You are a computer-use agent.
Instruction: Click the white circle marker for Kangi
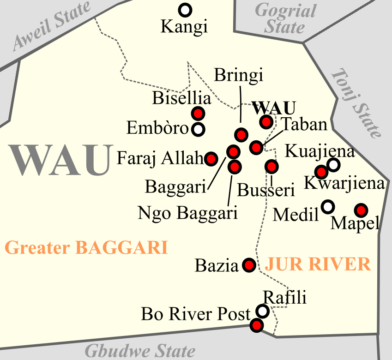(x=185, y=9)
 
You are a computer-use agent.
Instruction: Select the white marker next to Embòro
(x=198, y=129)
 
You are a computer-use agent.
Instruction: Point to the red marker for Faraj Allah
(x=211, y=159)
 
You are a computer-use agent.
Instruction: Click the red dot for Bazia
(x=249, y=265)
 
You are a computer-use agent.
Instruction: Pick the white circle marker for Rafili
(x=263, y=312)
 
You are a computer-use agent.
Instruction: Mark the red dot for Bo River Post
(x=256, y=325)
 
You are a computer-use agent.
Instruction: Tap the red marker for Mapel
(x=361, y=210)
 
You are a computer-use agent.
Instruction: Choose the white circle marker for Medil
(x=328, y=207)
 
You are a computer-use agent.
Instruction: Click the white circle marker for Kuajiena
(x=333, y=164)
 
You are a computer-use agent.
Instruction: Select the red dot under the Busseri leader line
(x=271, y=166)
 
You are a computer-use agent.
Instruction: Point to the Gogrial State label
(x=285, y=18)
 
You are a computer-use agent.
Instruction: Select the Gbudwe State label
(x=140, y=351)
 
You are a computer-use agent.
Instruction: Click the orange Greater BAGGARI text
(x=86, y=248)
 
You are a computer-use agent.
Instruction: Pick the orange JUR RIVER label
(x=318, y=264)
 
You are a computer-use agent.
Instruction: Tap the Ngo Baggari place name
(x=187, y=213)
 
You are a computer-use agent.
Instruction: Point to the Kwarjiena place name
(x=344, y=184)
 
